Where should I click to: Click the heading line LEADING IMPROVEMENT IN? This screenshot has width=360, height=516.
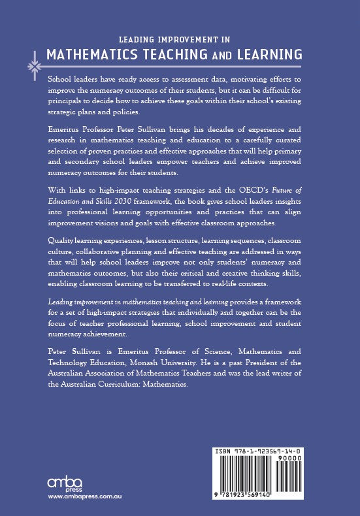pyautogui.click(x=180, y=39)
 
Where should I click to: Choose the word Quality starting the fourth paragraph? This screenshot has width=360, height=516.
pyautogui.click(x=64, y=240)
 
